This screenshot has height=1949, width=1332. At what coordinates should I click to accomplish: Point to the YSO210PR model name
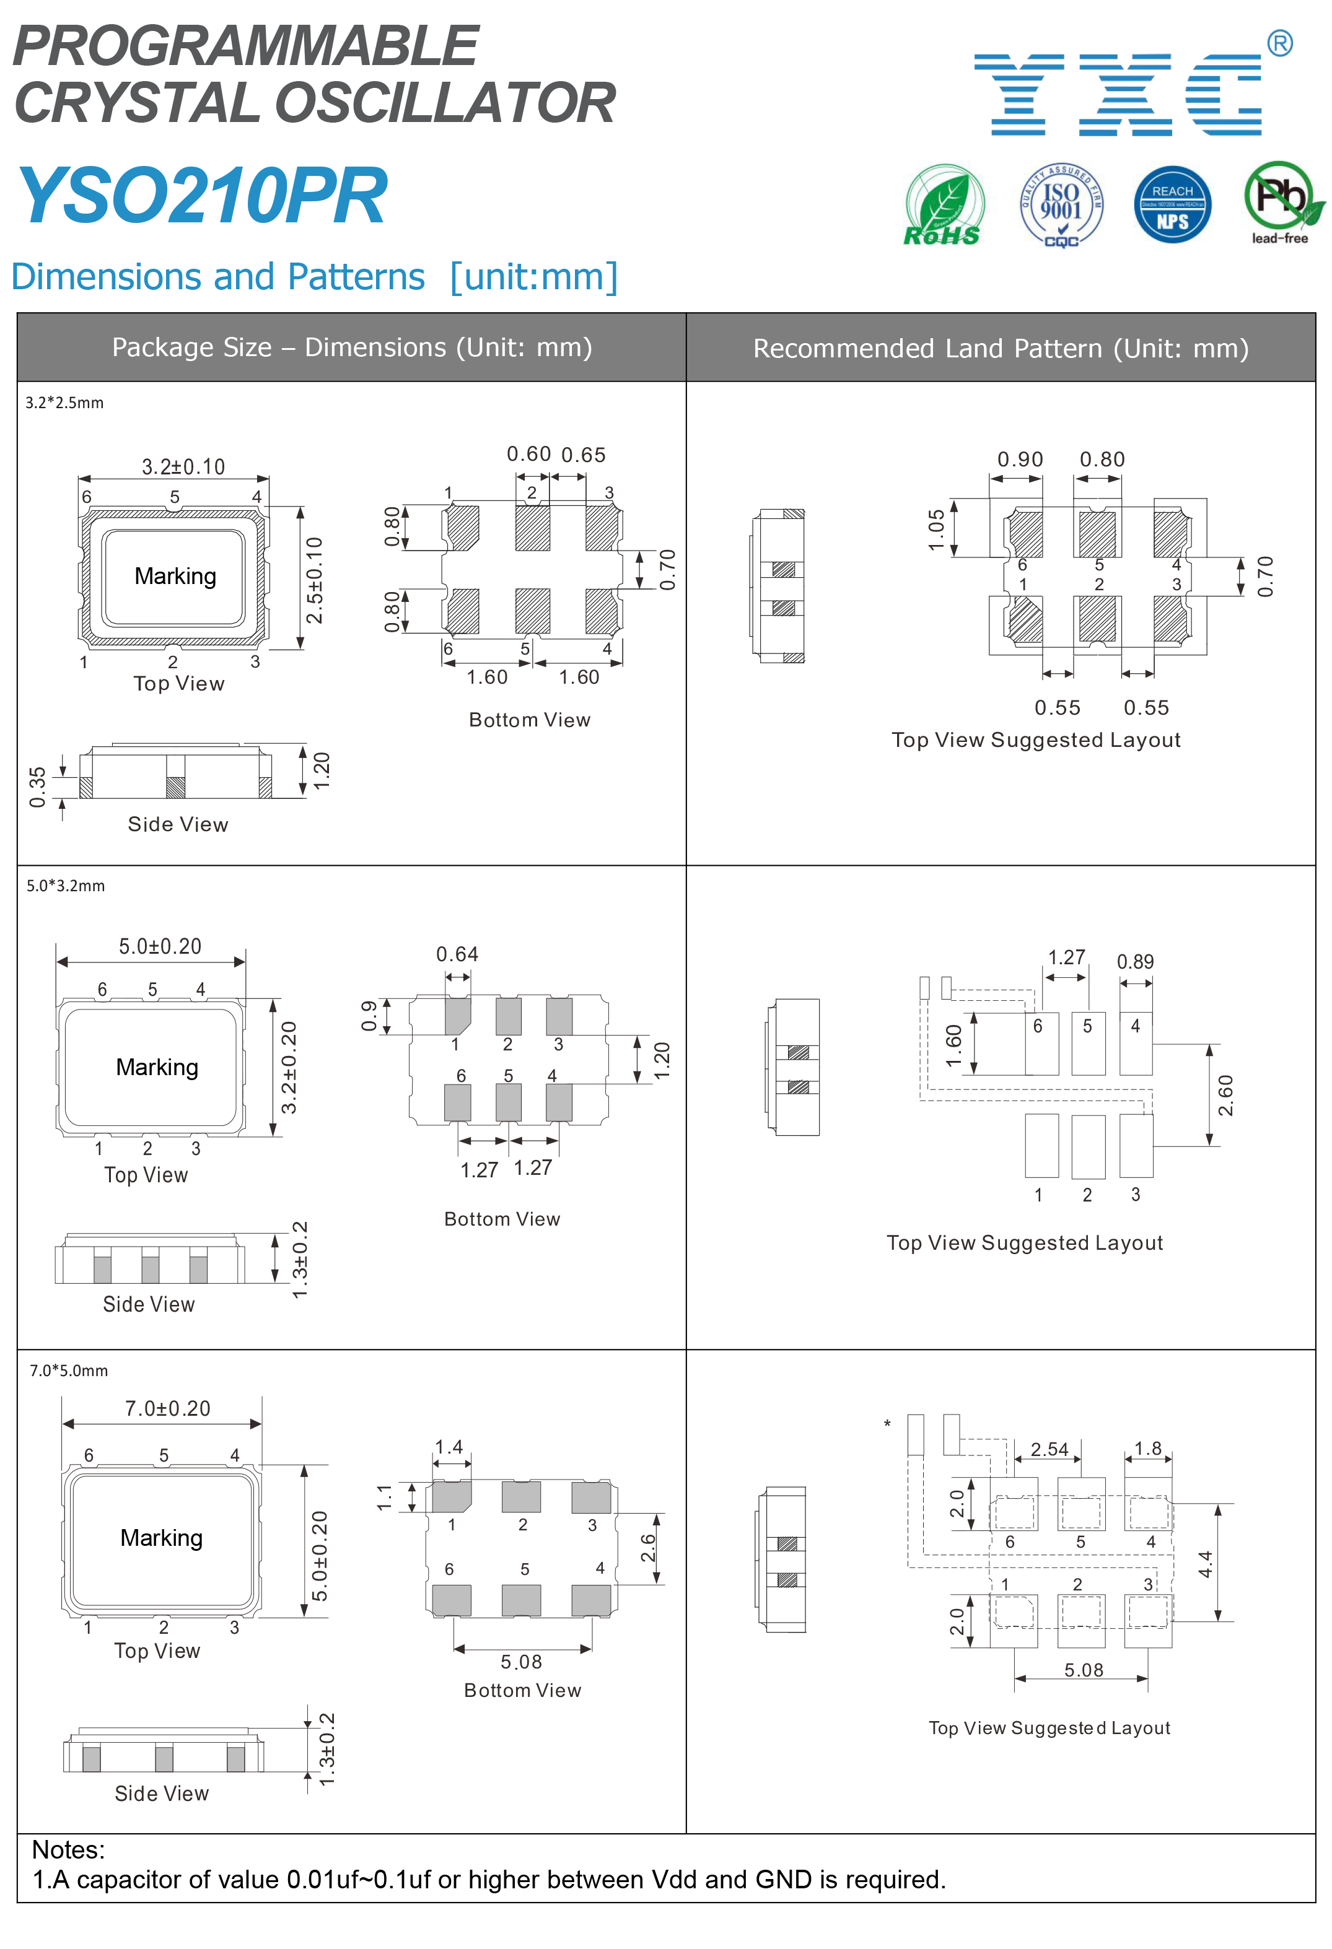(202, 196)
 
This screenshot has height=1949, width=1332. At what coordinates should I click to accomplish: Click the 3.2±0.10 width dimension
(183, 466)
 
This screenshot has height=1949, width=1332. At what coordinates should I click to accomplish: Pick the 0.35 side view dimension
(38, 787)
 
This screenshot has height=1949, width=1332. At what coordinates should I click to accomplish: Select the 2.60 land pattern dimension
(1225, 1095)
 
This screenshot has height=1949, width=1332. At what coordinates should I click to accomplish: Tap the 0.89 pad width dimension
(1135, 962)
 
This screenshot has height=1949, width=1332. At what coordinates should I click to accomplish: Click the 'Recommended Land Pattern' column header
(1000, 348)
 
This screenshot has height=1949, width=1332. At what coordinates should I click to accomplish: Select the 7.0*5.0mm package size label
(69, 1371)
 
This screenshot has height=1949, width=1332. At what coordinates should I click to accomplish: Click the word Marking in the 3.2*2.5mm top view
(175, 576)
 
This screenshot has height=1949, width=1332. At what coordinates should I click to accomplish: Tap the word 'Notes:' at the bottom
(69, 1850)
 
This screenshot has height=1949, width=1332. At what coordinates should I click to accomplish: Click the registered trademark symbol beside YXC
(1279, 43)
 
